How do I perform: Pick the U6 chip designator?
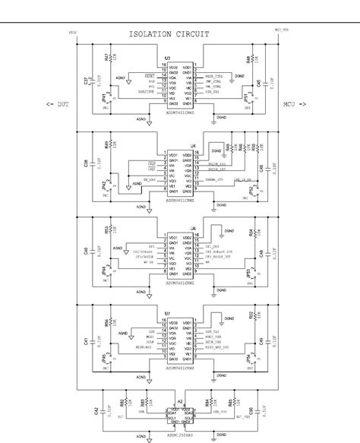194,227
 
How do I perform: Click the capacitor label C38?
85,164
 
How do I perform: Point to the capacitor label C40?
85,250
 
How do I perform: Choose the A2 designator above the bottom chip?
180,401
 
